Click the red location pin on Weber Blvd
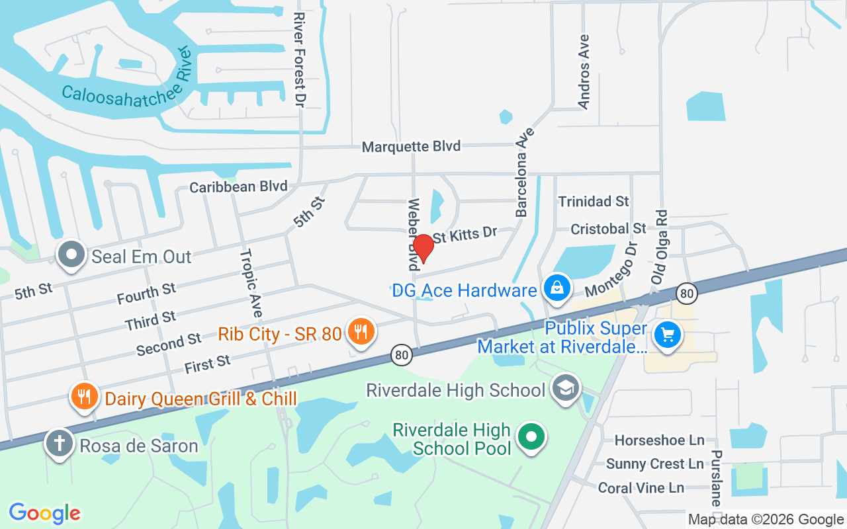click(423, 248)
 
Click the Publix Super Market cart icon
click(667, 335)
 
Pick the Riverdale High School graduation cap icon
click(566, 388)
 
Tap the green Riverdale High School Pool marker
click(531, 436)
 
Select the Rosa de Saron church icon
click(59, 443)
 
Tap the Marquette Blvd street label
click(411, 147)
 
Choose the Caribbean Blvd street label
click(238, 187)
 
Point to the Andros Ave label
click(584, 71)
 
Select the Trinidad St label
click(594, 201)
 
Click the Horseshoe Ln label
click(659, 440)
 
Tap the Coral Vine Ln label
click(641, 488)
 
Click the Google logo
click(44, 513)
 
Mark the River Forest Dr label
click(300, 60)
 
